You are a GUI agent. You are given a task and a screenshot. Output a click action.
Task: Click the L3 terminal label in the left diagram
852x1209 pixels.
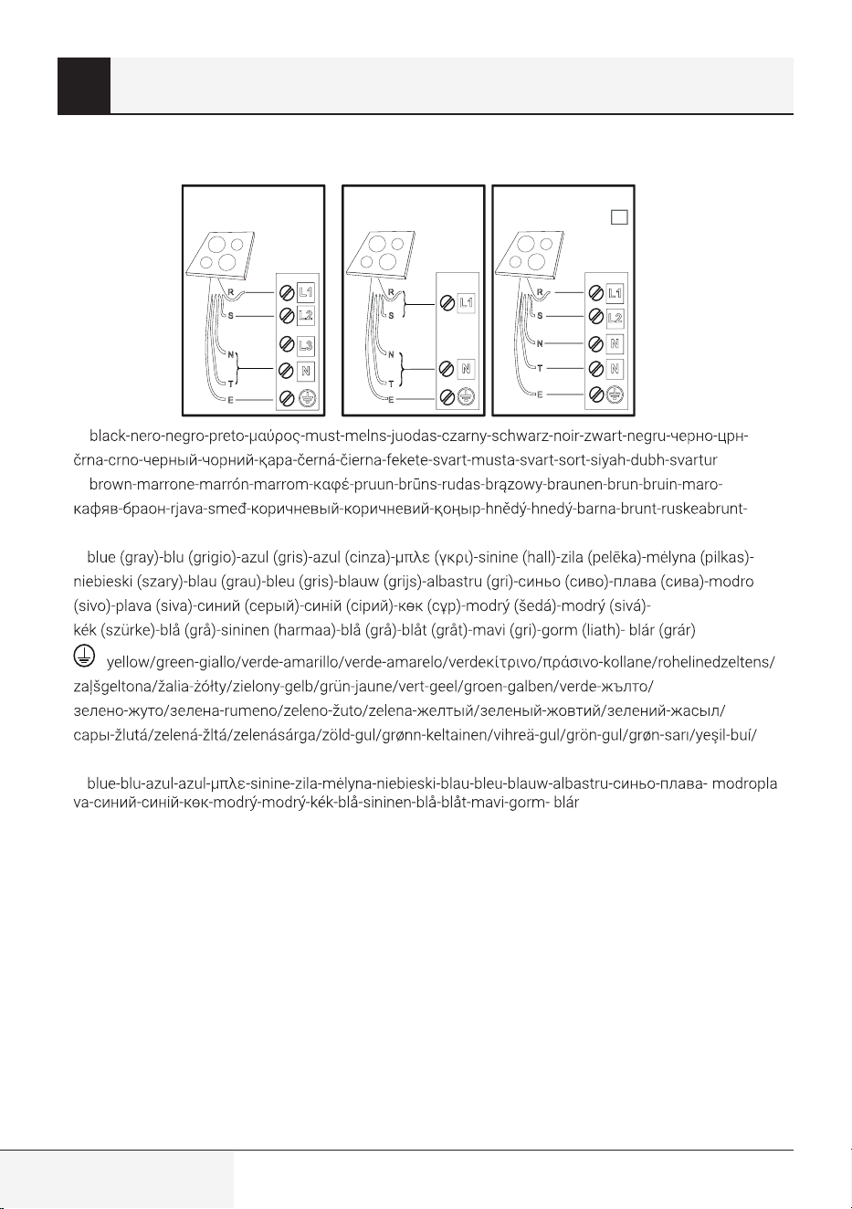(306, 345)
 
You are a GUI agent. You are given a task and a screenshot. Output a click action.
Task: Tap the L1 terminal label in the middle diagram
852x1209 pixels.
(466, 303)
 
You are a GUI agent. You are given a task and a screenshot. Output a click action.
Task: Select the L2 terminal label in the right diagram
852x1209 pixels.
(615, 318)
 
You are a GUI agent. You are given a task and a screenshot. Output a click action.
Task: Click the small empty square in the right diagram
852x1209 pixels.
(619, 217)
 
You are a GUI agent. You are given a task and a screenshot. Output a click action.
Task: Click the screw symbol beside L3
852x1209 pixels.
(287, 344)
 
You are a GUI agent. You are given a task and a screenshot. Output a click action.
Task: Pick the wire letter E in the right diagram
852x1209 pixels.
(540, 394)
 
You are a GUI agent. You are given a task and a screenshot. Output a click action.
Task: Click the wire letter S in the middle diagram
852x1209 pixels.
(392, 315)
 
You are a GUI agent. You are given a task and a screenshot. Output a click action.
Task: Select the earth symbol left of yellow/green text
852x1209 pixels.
(84, 657)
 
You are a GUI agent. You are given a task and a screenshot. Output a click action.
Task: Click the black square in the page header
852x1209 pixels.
(84, 85)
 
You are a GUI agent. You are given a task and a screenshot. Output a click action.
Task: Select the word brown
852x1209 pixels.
(110, 484)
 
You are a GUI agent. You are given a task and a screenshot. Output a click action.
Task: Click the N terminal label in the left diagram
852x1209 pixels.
(306, 371)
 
